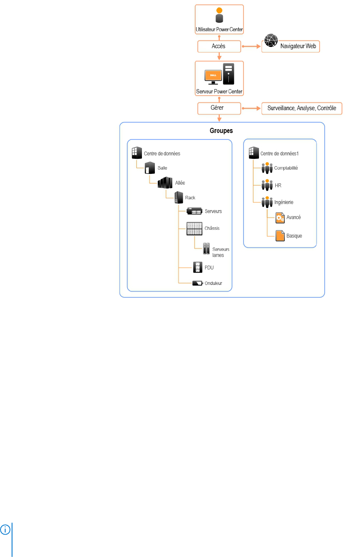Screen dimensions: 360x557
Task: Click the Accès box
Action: [219, 46]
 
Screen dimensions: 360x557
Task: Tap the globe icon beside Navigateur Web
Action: [271, 40]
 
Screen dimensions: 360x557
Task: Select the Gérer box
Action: [219, 108]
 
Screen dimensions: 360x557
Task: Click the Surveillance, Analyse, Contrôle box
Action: [302, 108]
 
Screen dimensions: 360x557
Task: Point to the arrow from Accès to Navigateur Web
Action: [251, 46]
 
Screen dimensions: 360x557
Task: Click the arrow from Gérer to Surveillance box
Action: [251, 108]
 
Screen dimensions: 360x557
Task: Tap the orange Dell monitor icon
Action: [213, 77]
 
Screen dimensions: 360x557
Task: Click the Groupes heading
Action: [221, 130]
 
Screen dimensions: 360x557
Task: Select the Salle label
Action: [162, 168]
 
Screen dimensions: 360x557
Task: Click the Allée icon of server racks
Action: [165, 183]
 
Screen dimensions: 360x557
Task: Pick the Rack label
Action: [190, 198]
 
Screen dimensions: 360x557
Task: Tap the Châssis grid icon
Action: [194, 229]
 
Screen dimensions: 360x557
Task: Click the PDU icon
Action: [197, 267]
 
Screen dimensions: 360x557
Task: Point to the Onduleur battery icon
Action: [197, 283]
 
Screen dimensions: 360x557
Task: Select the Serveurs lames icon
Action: [206, 249]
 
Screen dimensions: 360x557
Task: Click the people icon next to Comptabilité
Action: [267, 168]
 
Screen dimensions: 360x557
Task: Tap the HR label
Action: [278, 186]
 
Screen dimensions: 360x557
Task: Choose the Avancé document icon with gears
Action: [280, 217]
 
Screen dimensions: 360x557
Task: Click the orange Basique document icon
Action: [280, 236]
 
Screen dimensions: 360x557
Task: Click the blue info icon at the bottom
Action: [5, 529]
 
